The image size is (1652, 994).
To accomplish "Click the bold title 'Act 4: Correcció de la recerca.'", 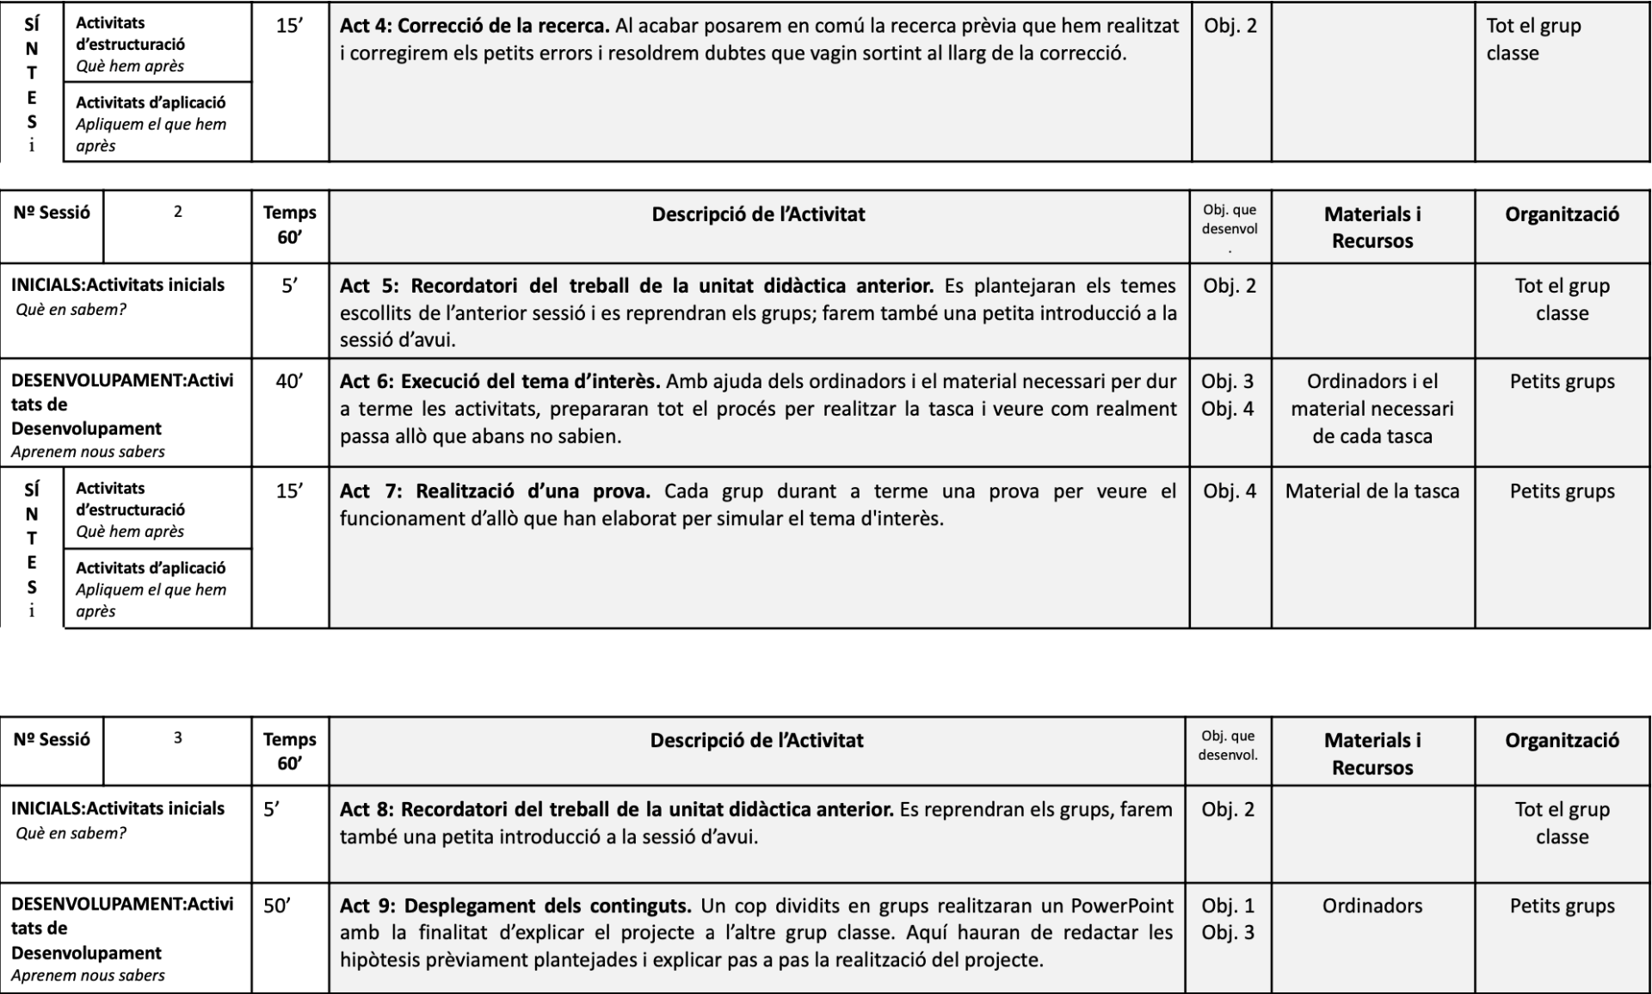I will tap(474, 26).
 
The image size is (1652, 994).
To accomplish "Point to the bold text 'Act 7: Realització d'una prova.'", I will tap(495, 491).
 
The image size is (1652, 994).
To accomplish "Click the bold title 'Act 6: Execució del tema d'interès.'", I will tap(500, 381).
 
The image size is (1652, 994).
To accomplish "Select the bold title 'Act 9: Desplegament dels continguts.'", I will tap(515, 905).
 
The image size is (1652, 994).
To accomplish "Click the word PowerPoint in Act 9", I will tap(1122, 905).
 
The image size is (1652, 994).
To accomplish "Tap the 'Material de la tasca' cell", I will tap(1372, 491).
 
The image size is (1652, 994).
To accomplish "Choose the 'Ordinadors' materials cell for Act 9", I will tap(1372, 905).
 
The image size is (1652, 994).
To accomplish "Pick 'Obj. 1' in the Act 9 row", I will tap(1228, 905).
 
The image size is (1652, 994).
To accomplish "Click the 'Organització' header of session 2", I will tap(1562, 214).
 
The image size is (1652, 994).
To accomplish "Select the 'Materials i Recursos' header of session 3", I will tap(1372, 753).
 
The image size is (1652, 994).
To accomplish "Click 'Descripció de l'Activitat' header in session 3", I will tap(756, 740).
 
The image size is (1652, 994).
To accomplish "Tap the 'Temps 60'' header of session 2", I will tap(290, 225).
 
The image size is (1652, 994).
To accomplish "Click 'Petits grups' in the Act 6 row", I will tap(1562, 381).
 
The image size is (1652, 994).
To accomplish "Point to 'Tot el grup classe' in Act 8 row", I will tap(1562, 823).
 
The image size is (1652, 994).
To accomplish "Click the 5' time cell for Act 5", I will tap(290, 286).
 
